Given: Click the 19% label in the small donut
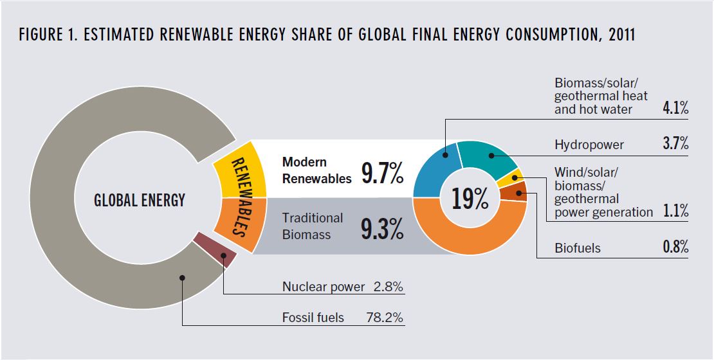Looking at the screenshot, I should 470,199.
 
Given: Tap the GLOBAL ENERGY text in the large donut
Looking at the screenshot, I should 140,200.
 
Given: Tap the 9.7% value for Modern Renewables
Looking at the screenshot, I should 382,173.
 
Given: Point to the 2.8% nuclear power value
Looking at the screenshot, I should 388,287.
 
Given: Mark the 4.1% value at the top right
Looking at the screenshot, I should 675,109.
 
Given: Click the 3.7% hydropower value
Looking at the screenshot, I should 675,144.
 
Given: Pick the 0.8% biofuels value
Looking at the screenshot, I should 675,248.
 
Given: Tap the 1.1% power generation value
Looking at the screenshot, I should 675,212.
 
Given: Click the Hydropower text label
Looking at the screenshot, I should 589,145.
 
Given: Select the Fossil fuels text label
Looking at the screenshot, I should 313,318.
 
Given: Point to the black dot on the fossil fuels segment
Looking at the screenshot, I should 183,278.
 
